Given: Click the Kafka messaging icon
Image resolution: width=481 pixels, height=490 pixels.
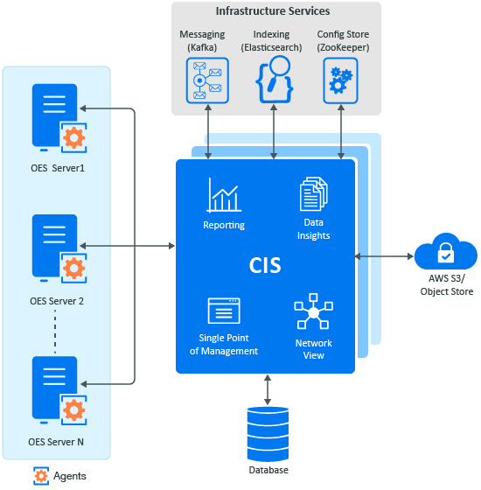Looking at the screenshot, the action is (x=207, y=80).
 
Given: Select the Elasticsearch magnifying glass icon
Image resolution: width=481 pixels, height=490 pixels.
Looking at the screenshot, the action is (x=275, y=80).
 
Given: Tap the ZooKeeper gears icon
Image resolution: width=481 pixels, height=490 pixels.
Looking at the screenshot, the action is (x=340, y=80).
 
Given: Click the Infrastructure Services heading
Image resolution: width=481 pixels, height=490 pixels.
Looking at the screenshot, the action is (x=273, y=11).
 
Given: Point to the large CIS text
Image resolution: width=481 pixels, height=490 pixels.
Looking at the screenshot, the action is (x=265, y=266).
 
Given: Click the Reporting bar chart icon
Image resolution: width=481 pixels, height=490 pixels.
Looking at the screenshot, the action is (x=224, y=195).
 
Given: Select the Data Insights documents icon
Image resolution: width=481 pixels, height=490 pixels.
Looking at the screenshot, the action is (x=314, y=193).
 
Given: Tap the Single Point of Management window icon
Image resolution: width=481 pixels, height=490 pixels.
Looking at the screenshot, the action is (x=224, y=311).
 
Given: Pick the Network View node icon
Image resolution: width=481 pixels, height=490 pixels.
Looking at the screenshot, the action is (x=314, y=311).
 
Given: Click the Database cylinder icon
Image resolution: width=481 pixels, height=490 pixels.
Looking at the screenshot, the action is (x=268, y=434).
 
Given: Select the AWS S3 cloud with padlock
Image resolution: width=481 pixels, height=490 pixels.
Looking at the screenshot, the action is (x=446, y=252).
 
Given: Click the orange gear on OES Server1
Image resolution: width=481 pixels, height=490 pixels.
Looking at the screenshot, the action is (x=73, y=137).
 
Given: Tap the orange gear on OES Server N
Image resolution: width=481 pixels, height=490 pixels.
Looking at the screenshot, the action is (x=73, y=409).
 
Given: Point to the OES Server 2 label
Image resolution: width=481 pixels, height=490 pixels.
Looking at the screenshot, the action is (x=57, y=301).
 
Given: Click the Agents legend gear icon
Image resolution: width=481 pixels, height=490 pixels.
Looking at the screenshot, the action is (x=41, y=476).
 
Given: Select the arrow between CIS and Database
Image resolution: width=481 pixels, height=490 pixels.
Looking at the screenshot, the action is (x=268, y=390).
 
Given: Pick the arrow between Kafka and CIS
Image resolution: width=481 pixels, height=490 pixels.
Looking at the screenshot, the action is (x=208, y=131).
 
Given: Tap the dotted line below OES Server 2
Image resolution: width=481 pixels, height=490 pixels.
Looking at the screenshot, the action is (x=55, y=332).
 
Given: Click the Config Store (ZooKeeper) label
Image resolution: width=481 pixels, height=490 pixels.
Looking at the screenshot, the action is (x=343, y=41).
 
